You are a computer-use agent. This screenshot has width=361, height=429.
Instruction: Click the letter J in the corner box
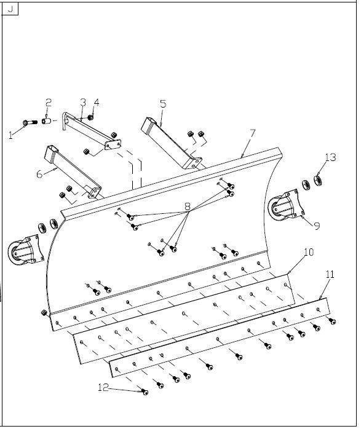point(10,9)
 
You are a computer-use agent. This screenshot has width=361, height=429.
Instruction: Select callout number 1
point(10,135)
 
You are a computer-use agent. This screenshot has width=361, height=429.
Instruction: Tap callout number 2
point(49,103)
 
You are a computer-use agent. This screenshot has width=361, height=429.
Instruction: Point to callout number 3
point(83,102)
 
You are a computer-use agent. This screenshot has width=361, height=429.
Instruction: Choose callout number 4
point(97,102)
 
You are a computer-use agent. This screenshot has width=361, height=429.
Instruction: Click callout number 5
point(163,104)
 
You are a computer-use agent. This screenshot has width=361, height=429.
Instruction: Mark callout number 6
point(39,174)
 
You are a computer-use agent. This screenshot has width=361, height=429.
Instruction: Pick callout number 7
point(252,133)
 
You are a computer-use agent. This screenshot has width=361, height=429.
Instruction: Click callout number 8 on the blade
point(188,207)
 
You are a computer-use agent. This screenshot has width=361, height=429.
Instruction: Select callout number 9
point(317,226)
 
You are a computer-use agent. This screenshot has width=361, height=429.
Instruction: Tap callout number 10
point(309,252)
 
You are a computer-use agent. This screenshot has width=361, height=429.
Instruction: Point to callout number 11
point(330,274)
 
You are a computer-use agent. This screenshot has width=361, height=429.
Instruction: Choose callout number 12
point(103,387)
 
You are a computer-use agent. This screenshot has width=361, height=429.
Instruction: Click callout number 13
point(331,157)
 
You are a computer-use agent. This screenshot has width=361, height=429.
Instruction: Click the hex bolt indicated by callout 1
point(30,122)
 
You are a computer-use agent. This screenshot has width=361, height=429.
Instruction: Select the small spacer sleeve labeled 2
point(46,120)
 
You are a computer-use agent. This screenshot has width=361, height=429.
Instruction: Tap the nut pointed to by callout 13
point(318,180)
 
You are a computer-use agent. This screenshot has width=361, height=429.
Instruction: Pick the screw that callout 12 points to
point(145,392)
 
